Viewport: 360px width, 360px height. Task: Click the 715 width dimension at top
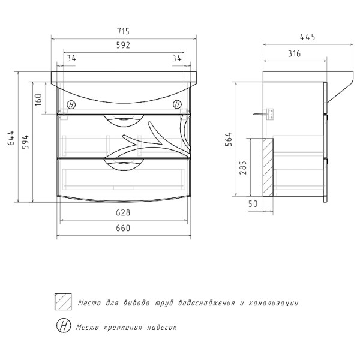(123, 31)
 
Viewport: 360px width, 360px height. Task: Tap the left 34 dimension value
(71, 58)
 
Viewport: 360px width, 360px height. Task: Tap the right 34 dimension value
(176, 58)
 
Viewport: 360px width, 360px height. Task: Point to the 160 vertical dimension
(38, 99)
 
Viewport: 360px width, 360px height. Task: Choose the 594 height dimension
(25, 142)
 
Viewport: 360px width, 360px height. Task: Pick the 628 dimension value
(123, 213)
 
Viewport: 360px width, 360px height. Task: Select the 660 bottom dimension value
(123, 228)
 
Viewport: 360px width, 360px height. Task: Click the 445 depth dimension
(307, 37)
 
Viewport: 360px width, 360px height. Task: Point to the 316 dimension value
(294, 54)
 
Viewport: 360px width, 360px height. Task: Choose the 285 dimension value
(242, 167)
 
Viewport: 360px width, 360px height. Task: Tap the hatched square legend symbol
(62, 302)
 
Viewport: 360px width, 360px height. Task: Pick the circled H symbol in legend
(62, 326)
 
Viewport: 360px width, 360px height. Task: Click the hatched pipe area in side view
(267, 167)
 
